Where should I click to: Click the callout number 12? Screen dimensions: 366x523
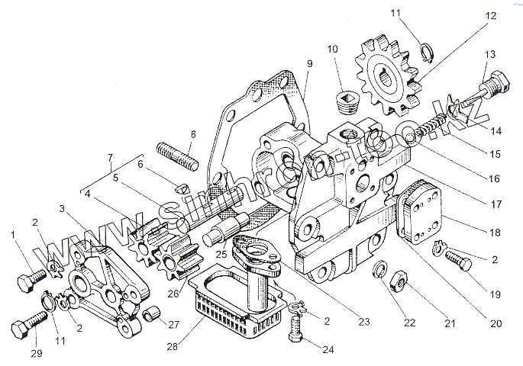[x=490, y=15]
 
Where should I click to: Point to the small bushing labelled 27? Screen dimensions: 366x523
[x=152, y=312]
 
